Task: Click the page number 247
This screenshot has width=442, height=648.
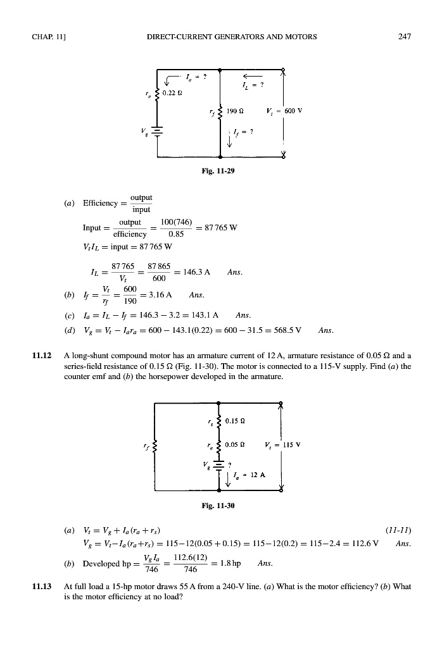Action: [405, 37]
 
